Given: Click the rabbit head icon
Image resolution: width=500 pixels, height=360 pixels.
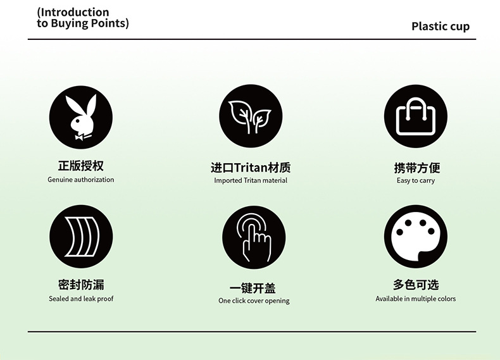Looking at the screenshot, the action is point(81,117).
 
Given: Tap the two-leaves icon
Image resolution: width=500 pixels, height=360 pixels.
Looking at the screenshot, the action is point(251,117).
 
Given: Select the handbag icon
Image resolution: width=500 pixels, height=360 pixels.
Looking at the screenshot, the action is point(415,117).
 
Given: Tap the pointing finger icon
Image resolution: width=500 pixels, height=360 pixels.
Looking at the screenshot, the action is point(254,237).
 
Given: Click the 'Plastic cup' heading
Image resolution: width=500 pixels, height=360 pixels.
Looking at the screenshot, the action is point(441,27).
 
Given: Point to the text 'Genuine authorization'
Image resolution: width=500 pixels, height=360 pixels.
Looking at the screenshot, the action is point(81,180).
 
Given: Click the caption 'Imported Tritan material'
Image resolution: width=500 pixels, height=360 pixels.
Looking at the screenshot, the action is point(251,180).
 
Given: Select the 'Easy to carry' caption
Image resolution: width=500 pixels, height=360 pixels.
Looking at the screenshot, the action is point(416,180).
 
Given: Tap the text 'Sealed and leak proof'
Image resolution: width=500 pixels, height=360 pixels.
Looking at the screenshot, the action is point(81,299).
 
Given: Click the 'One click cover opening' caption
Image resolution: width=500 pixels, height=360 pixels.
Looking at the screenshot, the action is point(254,301).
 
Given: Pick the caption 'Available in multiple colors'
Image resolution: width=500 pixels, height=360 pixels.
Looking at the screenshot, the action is point(415,299).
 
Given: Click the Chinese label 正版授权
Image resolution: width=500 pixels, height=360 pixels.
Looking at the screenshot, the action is point(81,166).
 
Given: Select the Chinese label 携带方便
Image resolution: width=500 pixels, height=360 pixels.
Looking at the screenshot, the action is point(416,168).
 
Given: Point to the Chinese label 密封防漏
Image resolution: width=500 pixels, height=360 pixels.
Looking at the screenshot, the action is point(81,285).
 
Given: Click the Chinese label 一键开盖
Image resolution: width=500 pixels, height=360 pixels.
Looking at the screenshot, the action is point(253,288).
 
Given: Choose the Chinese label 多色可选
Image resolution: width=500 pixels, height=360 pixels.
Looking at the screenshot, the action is point(416,285).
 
